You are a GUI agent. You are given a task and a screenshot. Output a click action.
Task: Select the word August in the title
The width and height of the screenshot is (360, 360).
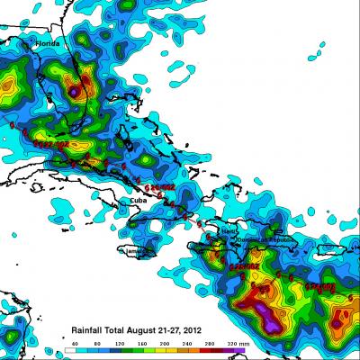point(136,330)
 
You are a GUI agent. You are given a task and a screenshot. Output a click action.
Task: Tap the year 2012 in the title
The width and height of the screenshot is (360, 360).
point(185,330)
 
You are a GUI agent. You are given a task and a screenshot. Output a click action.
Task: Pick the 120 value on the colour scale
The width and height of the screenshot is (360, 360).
point(120,345)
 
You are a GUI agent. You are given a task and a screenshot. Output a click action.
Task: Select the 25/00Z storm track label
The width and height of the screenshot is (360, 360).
point(248,266)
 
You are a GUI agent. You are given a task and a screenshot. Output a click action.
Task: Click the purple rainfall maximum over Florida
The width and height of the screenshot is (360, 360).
point(73,91)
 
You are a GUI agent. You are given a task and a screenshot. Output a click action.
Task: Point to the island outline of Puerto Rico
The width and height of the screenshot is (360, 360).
point(310,243)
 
